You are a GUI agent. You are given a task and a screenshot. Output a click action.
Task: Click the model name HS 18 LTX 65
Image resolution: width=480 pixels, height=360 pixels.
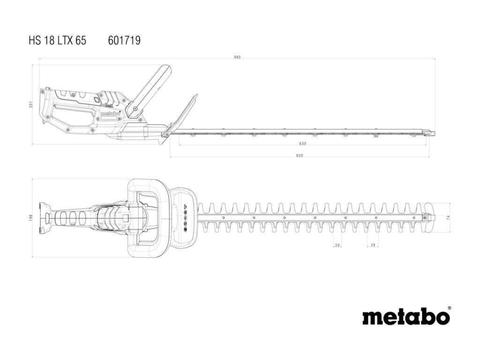point(57,41)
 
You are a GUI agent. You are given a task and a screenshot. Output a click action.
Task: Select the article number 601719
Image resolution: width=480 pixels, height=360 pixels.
point(124,41)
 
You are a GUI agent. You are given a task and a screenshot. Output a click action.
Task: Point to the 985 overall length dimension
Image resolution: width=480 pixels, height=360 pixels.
point(237,57)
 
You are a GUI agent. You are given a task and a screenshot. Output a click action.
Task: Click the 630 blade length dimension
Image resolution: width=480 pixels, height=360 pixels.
point(302,143)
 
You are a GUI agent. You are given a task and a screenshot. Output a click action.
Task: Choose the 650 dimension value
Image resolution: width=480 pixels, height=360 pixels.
point(300,155)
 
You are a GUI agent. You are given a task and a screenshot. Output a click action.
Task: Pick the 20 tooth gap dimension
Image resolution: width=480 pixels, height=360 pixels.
point(337,245)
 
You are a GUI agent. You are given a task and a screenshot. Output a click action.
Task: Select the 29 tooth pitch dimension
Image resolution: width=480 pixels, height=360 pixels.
point(373,245)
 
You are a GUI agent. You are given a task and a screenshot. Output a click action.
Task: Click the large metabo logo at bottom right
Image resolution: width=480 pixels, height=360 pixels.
point(405,317)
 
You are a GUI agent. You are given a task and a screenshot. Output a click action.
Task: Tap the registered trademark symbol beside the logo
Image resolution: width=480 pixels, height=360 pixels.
point(449,308)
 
